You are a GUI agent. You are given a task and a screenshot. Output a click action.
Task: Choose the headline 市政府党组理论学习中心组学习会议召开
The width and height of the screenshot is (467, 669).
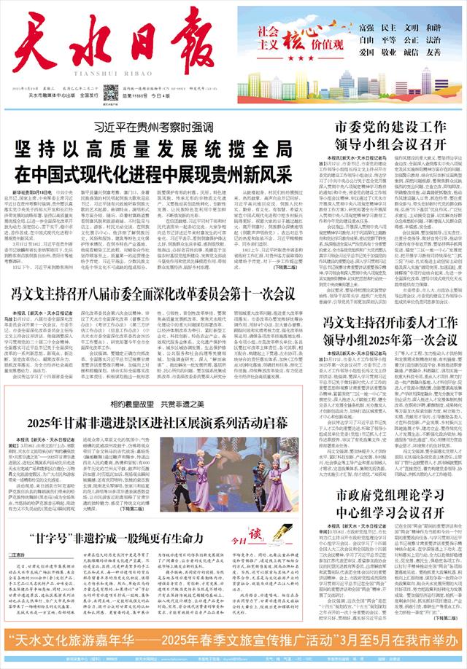click(x=389, y=506)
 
